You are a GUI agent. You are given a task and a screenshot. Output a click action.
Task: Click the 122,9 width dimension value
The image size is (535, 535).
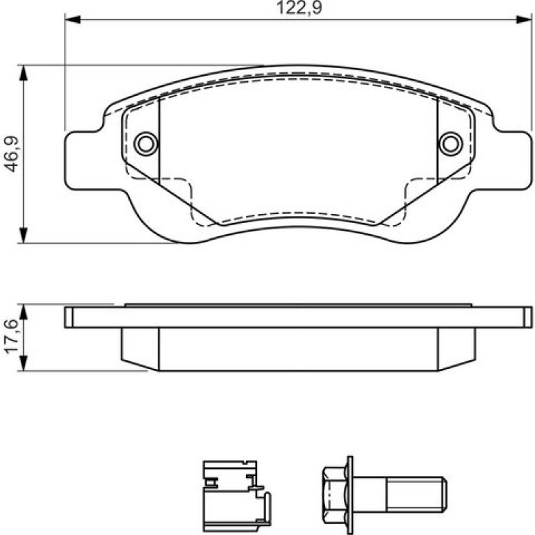[x=299, y=8]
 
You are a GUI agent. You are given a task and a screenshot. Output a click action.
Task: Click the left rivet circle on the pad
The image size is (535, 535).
[x=146, y=144]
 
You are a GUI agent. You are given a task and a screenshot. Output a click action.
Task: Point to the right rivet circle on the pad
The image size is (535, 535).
[x=451, y=144]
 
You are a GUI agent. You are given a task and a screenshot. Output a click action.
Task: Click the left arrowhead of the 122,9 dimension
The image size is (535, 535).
[x=72, y=19]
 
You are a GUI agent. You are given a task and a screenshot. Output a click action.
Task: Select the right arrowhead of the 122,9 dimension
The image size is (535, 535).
[x=524, y=19]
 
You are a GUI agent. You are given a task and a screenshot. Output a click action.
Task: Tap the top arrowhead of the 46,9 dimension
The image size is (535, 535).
[x=23, y=73]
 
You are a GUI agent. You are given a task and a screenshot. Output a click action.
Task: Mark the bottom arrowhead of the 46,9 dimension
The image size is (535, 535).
[x=23, y=235]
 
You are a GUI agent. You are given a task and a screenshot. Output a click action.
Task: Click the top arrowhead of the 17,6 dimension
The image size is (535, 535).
[x=23, y=312]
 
